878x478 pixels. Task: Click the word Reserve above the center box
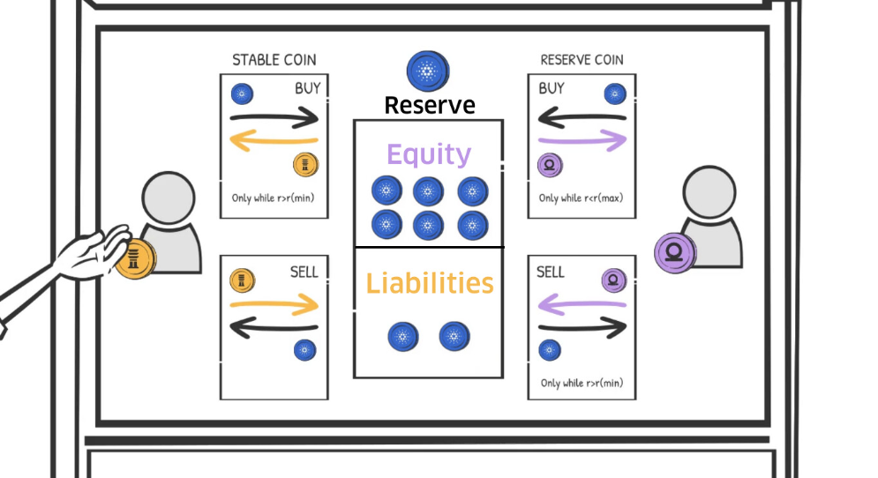429,106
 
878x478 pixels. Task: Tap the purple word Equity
429,155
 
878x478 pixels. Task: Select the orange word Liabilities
429,284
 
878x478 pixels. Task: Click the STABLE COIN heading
274,61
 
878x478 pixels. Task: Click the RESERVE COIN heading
582,61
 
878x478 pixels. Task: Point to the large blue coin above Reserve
428,71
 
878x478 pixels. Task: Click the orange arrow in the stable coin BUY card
274,139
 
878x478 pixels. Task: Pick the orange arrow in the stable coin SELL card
274,305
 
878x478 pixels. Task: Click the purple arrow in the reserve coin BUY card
582,138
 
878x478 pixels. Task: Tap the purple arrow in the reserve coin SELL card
582,305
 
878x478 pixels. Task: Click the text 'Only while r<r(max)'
582,198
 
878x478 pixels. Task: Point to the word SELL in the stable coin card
304,273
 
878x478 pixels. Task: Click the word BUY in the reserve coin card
552,89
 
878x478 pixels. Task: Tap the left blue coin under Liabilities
403,336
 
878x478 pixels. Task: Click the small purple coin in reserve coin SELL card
612,280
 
